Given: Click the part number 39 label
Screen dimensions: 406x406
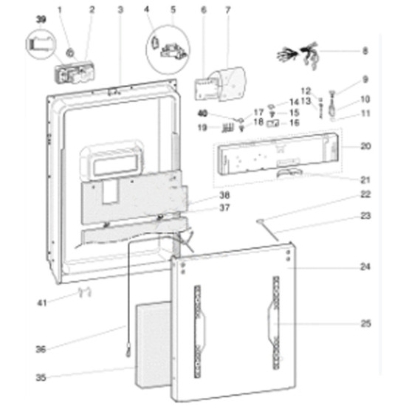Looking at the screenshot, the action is coord(41,19).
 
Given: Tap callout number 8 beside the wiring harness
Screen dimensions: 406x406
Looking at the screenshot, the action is coord(365,51).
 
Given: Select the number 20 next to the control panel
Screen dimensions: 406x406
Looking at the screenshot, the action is coord(365,146).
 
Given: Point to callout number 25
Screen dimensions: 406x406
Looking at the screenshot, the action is coord(365,323).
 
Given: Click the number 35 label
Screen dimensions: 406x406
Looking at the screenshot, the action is coord(41,377).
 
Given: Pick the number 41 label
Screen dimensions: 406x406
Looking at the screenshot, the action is coord(42,303).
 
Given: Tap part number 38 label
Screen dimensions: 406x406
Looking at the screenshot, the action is coord(224,195).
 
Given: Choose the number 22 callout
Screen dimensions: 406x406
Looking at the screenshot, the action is coord(365,194).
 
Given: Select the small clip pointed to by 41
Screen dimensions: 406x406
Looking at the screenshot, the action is coord(85,292).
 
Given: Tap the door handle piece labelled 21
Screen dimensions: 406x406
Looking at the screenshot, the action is coord(289,173).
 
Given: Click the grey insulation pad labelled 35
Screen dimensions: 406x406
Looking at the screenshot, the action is coord(153,345).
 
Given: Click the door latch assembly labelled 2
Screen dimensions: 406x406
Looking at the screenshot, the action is coord(74,72).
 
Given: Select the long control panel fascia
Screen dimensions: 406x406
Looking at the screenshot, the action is coord(278,154).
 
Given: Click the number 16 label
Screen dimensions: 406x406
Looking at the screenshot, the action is coord(294,123).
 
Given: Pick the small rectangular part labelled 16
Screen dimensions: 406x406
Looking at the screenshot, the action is coord(272,123).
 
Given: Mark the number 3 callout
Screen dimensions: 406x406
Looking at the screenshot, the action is coord(120,10).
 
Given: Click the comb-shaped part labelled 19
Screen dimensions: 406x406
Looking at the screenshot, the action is coord(227,128).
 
